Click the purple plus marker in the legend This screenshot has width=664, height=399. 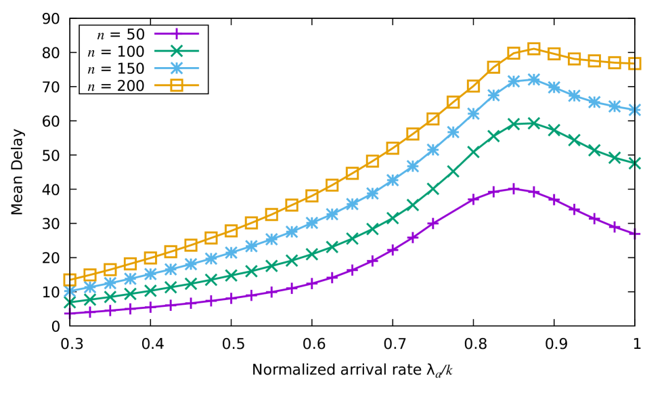(177, 33)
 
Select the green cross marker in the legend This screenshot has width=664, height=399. (177, 51)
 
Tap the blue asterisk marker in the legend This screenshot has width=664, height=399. (177, 68)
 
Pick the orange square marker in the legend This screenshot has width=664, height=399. (177, 85)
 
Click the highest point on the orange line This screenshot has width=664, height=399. (534, 49)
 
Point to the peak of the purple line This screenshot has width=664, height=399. (514, 189)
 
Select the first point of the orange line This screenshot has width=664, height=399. (70, 280)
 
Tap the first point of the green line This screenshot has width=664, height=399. (70, 302)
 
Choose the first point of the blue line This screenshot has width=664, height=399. (70, 291)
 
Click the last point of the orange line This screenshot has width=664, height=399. (635, 64)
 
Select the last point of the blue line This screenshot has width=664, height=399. (635, 110)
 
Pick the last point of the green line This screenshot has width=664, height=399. (635, 163)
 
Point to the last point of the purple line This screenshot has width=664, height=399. (635, 234)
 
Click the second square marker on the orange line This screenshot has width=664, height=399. (90, 274)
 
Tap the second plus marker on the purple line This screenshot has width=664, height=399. (90, 312)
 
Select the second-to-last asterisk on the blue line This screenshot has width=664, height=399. (615, 106)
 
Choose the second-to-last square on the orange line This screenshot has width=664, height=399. (615, 62)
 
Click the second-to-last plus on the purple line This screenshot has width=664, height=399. (615, 227)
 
